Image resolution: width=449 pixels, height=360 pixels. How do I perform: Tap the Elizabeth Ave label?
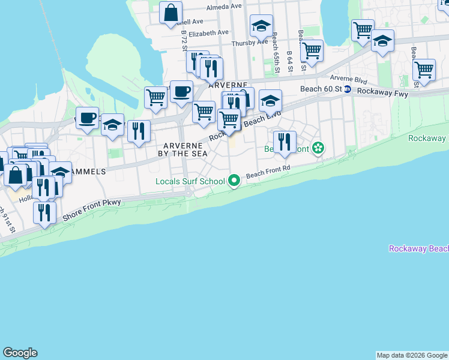coord(209,32)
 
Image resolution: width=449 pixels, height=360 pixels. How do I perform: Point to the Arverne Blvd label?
coord(348,78)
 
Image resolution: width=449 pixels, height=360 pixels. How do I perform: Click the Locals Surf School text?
coord(190,181)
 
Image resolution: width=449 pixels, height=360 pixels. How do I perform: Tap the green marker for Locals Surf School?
coord(234,180)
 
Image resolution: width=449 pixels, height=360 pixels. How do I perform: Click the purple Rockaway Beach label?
coord(418,248)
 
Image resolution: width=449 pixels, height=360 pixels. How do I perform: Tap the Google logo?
coord(20,353)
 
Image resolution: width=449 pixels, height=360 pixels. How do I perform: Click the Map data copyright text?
coord(412,355)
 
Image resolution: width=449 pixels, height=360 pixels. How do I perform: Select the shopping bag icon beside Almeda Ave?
coord(171,12)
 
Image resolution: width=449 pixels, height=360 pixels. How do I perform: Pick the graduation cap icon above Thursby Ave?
coord(261,26)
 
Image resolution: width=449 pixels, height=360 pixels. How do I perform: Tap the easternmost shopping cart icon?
coord(424,70)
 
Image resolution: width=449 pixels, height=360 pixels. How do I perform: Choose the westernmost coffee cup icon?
coord(88,117)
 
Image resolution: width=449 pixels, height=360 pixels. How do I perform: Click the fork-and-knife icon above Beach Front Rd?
coord(285,142)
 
